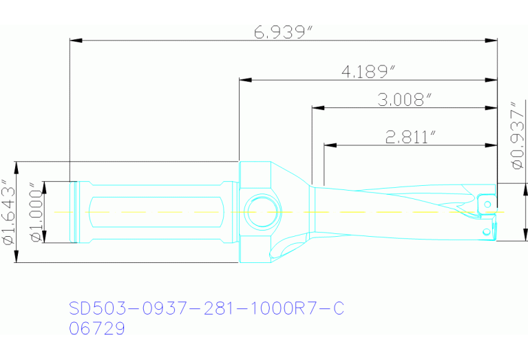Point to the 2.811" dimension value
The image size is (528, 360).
pos(411,137)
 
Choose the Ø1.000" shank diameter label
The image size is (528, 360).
pos(34,212)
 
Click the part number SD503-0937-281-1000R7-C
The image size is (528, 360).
pos(207,308)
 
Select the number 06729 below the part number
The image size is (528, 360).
pos(97,329)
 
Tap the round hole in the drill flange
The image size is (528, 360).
pos(262,211)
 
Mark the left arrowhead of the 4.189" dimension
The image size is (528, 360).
pos(244,80)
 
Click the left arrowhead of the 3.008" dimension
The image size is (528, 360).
pos(318,107)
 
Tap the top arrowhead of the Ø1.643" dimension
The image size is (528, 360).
pos(17,167)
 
